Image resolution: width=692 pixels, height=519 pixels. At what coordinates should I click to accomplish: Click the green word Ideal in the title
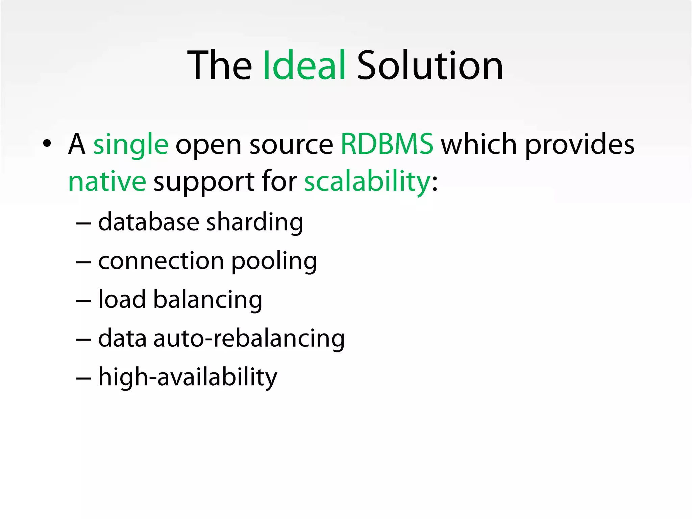pos(304,65)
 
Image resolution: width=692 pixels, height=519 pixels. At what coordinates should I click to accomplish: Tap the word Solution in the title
pos(430,65)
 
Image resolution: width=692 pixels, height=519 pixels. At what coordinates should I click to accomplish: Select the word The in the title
pos(220,65)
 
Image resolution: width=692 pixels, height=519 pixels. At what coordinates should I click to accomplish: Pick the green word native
pos(107,181)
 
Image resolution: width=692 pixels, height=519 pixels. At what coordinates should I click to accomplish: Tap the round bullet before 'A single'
pos(47,144)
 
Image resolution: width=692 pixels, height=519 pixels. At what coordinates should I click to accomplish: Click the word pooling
pos(274,262)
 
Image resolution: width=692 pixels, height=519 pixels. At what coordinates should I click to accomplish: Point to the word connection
pos(161,261)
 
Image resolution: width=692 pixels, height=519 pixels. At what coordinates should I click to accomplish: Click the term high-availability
pos(188,377)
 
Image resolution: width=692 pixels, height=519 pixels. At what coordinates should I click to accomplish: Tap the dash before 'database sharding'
pos(83,223)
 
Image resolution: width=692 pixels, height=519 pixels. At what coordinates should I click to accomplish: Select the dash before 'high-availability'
pos(83,378)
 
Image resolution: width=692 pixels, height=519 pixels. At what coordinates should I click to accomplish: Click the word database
pos(149,222)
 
